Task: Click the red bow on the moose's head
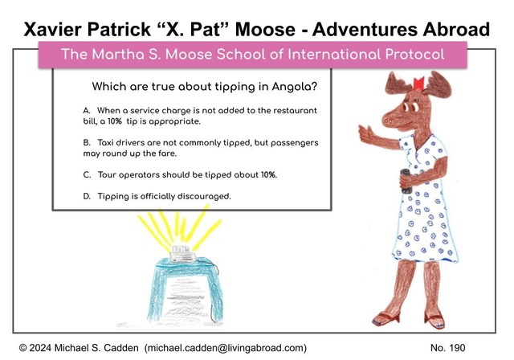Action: point(418,83)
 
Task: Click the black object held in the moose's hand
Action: point(406,181)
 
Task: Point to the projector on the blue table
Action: point(182,254)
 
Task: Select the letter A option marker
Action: point(87,111)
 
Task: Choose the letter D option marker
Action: point(87,196)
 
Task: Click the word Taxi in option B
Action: point(105,142)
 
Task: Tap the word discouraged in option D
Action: point(204,196)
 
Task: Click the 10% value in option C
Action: point(268,174)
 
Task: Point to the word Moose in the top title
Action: point(265,29)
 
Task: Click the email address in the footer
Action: point(226,348)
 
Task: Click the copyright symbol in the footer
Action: point(23,348)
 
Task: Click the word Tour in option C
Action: point(107,174)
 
